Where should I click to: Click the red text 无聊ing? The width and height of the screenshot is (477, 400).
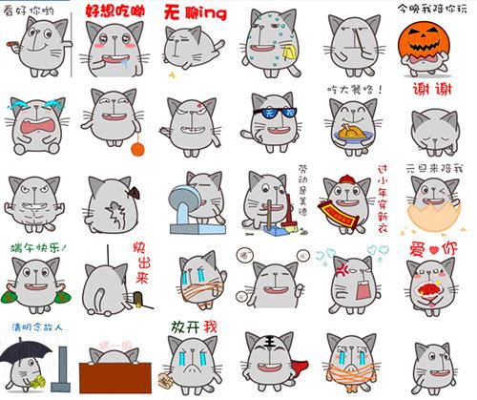pyautogui.click(x=196, y=12)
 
